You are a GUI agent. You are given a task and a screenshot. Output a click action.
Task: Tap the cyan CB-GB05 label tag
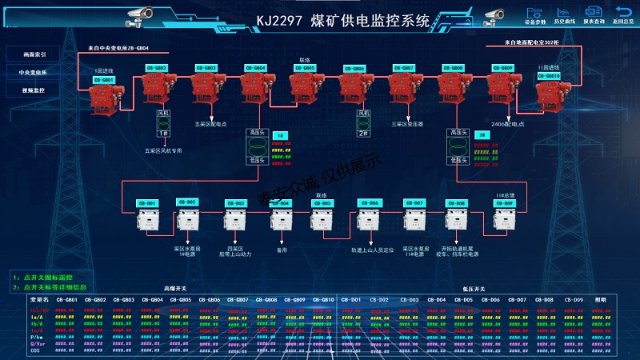[305, 68]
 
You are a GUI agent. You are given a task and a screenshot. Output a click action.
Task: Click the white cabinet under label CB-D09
[504, 219]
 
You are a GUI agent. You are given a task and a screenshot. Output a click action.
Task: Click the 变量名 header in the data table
[40, 299]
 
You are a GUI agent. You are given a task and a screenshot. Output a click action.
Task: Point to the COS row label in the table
[35, 350]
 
